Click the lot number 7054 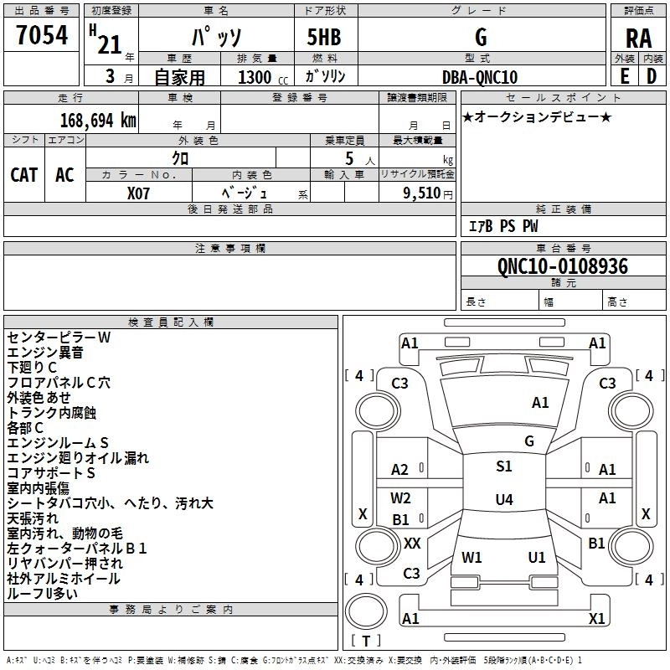click(42, 36)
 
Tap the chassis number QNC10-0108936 click(563, 266)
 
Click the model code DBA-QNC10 click(480, 78)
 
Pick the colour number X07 click(139, 193)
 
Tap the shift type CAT click(24, 175)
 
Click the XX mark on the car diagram click(412, 544)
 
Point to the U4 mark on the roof click(503, 500)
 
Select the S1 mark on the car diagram click(503, 466)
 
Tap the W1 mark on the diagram click(472, 557)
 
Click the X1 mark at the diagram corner click(597, 619)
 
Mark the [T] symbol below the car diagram click(366, 642)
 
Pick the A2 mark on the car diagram click(400, 470)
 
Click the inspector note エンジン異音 click(45, 353)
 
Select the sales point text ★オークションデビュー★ click(537, 116)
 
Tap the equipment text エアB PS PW click(502, 226)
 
